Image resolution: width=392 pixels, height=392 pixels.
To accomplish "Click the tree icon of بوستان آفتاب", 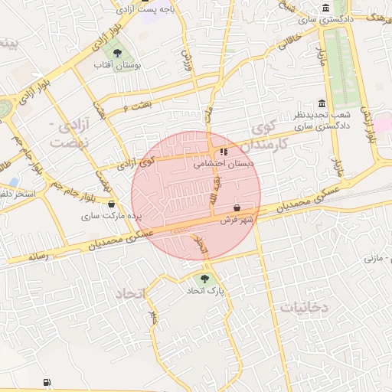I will (x=117, y=53).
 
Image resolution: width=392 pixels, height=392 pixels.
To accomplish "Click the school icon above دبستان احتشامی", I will (x=224, y=152).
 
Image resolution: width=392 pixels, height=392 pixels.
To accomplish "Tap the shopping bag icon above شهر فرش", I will (x=237, y=207).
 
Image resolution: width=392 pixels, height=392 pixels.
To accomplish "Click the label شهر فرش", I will (x=237, y=220).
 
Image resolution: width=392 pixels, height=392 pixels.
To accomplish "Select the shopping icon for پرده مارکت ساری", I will (x=113, y=204).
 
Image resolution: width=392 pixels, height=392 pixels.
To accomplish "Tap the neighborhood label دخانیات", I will (x=303, y=307).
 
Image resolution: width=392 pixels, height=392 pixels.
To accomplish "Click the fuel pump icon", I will (x=48, y=381).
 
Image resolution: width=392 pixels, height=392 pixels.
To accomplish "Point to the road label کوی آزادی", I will (x=137, y=162).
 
